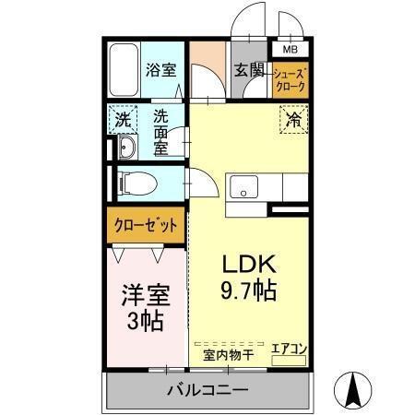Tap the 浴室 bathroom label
[161, 69]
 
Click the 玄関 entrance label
[249, 70]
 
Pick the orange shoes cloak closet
[290, 82]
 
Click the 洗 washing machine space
[121, 120]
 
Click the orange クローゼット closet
[146, 224]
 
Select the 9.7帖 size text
[244, 289]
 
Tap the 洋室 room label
[146, 297]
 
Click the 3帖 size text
[146, 321]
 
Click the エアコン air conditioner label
[288, 349]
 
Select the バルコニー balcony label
[207, 391]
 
